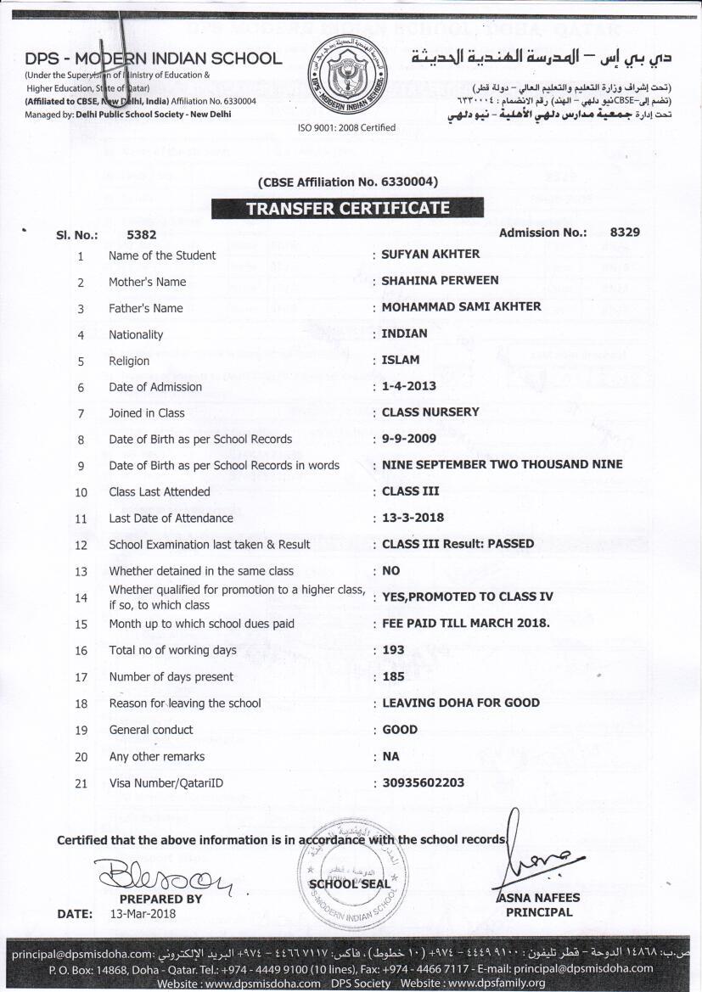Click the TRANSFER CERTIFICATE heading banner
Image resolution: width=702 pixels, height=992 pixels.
tap(347, 208)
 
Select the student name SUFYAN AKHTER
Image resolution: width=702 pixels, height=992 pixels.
tap(430, 254)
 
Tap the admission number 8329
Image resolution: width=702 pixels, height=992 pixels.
tap(624, 232)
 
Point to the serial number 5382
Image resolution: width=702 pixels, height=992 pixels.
tap(141, 237)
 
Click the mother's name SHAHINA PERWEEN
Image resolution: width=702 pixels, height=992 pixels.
tap(440, 280)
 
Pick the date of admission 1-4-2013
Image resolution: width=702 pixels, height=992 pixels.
tap(408, 386)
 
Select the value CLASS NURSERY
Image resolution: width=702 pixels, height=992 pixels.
tap(430, 412)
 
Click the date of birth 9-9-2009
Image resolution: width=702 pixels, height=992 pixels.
tap(408, 439)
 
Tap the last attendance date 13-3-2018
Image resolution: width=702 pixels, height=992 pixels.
tap(413, 518)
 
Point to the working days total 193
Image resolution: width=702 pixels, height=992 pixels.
tap(393, 650)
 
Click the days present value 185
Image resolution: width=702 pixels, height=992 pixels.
tap(393, 676)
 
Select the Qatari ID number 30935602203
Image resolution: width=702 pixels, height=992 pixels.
tap(423, 782)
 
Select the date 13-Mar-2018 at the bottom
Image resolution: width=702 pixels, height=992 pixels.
tap(143, 914)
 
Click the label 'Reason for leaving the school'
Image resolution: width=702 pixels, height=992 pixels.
tap(184, 703)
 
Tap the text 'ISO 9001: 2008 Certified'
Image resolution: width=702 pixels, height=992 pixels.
tap(345, 127)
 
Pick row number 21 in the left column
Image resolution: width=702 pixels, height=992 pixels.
tap(81, 783)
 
